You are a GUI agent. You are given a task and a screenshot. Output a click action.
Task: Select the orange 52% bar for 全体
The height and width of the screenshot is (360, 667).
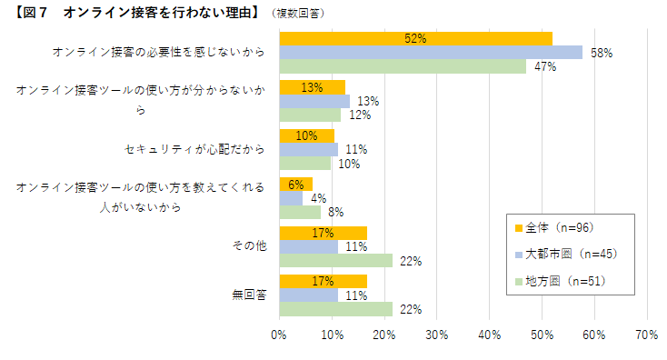(x=415, y=38)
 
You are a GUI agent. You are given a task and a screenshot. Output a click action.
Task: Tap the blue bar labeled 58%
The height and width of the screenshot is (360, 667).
(x=431, y=53)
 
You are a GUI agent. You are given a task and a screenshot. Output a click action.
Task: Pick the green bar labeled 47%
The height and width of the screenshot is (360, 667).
(x=402, y=66)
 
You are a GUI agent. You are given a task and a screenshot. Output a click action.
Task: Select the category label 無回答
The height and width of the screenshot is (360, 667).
(x=248, y=295)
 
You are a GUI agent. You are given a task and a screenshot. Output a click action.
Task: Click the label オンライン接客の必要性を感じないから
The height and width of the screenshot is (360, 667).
(x=159, y=52)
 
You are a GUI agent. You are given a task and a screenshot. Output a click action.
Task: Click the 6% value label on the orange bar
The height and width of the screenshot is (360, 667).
(x=295, y=185)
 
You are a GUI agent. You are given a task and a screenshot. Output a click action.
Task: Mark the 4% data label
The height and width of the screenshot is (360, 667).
(x=318, y=198)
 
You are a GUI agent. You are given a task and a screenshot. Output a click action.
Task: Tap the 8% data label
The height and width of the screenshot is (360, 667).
(x=334, y=213)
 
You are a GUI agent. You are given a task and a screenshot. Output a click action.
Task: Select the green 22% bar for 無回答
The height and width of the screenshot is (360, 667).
(x=335, y=309)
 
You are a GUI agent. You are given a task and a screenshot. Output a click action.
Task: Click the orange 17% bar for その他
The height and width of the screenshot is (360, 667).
(x=323, y=233)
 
